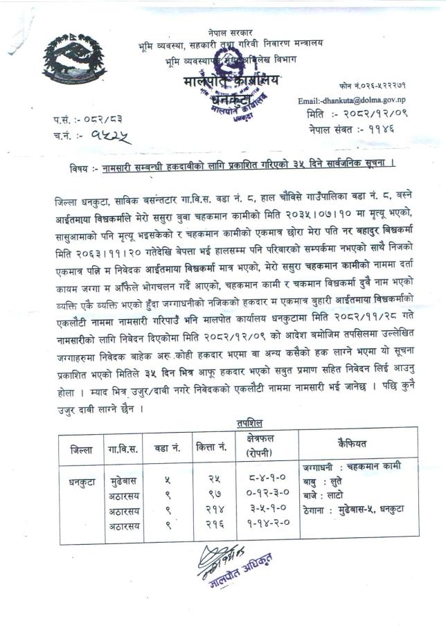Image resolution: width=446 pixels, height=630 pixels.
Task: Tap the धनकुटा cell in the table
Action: click(78, 480)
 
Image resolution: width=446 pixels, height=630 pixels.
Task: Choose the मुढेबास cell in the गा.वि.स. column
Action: click(125, 480)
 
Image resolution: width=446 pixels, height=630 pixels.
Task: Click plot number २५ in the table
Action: click(214, 480)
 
